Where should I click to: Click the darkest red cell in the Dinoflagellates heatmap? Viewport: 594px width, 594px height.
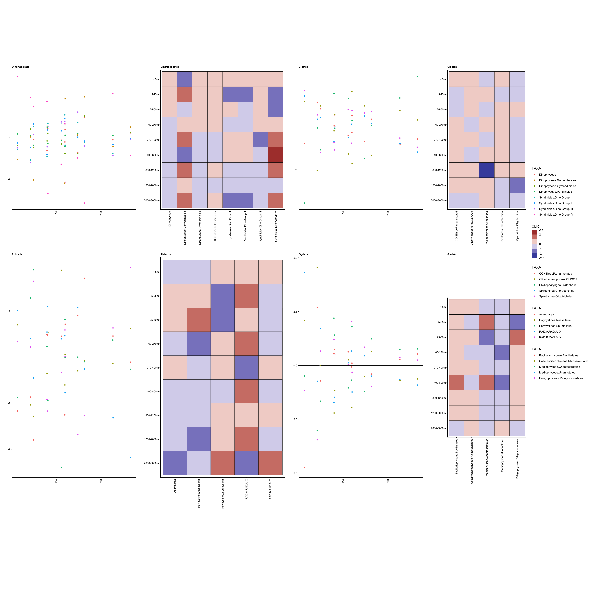point(275,155)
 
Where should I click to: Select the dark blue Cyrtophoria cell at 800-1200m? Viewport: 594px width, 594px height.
point(487,170)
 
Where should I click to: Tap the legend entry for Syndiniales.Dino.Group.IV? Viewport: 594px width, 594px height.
point(556,215)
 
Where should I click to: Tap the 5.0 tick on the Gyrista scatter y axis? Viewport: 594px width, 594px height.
point(295,258)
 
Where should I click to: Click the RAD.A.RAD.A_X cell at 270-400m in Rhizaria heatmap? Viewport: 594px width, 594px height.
point(246,367)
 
